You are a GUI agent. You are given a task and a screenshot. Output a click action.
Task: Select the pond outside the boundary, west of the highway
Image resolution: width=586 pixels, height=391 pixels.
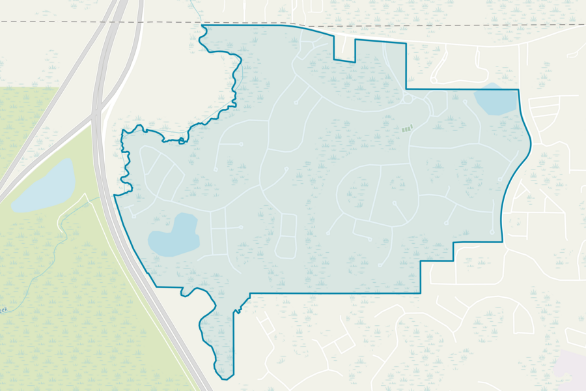coord(44,186)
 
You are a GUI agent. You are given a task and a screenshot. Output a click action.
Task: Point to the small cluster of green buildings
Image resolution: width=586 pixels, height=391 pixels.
coord(407,128)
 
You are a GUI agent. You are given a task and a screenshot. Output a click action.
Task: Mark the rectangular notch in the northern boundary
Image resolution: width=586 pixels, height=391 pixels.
coord(344,50)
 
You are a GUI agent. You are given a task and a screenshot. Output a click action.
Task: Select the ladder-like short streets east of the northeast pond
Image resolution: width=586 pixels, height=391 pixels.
coord(544,111)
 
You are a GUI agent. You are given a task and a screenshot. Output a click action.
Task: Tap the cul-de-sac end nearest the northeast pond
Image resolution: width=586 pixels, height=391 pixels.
coord(466,102)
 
